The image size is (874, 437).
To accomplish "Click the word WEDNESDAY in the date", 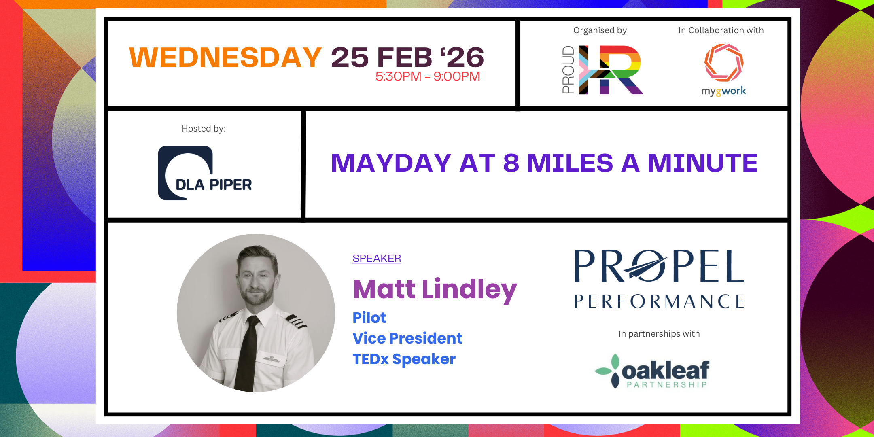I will tap(225, 57).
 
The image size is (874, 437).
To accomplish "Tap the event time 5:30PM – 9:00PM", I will tap(428, 76).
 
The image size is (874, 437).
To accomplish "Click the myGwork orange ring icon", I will tap(723, 63).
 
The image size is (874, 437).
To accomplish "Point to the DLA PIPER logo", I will tap(205, 173).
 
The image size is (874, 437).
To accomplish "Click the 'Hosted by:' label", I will tap(204, 129).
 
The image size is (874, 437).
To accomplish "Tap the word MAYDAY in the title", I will tap(391, 163).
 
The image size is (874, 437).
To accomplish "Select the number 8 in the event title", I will tap(511, 163).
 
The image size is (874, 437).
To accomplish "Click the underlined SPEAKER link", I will tap(377, 258).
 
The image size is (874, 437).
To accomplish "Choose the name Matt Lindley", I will tap(435, 289).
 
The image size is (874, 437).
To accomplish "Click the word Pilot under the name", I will tap(369, 318).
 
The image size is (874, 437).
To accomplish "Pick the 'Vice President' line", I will tap(407, 338).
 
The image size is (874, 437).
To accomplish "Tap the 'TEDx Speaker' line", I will tap(404, 359).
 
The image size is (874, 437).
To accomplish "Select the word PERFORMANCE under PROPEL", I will tap(659, 301).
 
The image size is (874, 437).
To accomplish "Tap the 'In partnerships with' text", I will tap(659, 334).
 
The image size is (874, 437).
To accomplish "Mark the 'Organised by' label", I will tap(600, 30).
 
